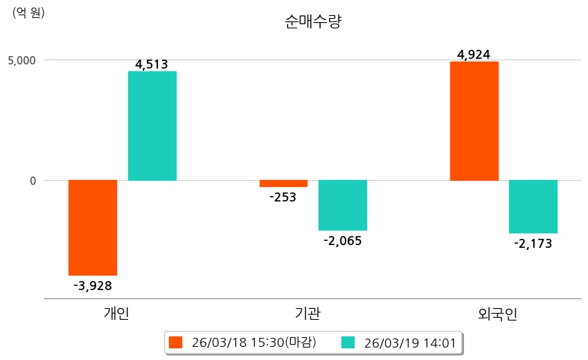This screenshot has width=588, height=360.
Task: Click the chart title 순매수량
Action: click(313, 22)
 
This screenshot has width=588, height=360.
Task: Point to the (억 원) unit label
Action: click(28, 12)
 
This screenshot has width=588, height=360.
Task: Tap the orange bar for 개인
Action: click(93, 227)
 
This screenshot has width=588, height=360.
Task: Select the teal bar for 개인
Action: click(152, 126)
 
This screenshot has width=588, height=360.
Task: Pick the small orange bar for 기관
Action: click(283, 183)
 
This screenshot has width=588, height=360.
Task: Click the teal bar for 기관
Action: click(343, 205)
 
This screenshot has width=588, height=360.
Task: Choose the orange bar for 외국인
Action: click(474, 121)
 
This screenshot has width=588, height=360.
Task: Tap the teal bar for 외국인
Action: click(533, 206)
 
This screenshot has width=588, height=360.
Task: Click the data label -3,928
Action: click(93, 285)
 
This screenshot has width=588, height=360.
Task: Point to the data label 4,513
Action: click(152, 64)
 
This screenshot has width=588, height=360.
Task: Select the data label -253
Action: click(283, 197)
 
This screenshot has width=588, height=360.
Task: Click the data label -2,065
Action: click(343, 241)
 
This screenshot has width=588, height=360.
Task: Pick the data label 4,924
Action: click(474, 54)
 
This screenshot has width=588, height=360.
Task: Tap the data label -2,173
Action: click(533, 244)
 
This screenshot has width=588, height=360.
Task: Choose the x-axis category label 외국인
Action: click(498, 314)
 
